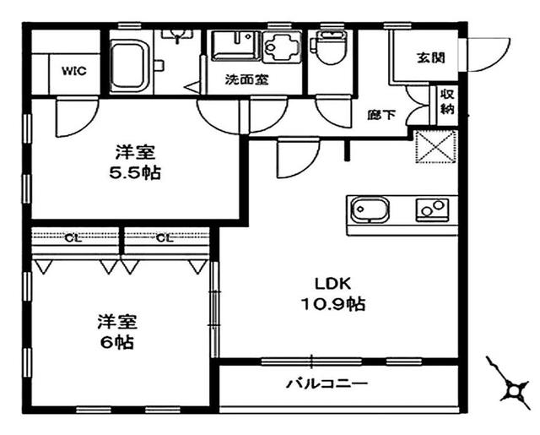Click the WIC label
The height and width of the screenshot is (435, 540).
[x=74, y=71]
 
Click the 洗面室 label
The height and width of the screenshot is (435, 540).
[x=246, y=79]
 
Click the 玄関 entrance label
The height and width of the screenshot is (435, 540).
[x=431, y=57]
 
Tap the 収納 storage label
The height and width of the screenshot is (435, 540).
[x=447, y=101]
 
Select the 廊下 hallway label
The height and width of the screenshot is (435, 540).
[x=381, y=115]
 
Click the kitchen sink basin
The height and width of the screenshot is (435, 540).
[x=370, y=210]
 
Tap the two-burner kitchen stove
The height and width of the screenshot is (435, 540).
[x=433, y=209]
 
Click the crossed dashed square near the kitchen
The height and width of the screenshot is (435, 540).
[x=436, y=146]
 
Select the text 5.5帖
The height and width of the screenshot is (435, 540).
[x=135, y=173]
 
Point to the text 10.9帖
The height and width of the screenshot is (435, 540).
[x=333, y=304]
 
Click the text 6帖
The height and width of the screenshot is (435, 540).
[x=117, y=342]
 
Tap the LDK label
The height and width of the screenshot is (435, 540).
[x=333, y=284]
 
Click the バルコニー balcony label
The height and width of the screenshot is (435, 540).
[x=327, y=383]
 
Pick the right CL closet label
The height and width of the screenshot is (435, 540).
[x=165, y=238]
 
